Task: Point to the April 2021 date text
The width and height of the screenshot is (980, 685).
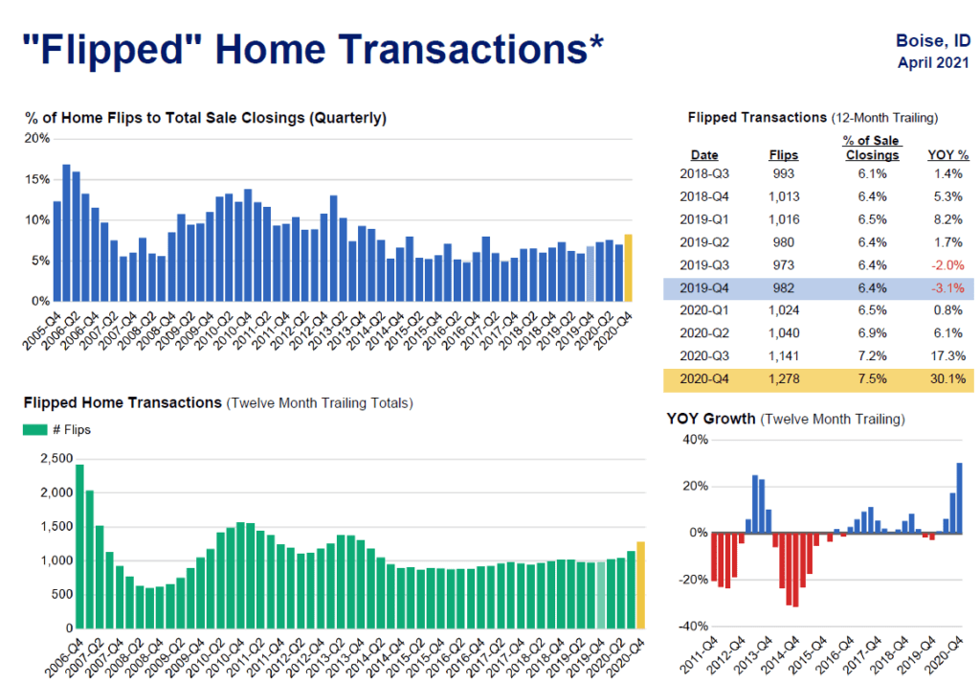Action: (932, 63)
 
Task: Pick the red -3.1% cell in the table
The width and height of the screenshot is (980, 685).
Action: (947, 287)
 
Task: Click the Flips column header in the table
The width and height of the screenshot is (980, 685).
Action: (783, 154)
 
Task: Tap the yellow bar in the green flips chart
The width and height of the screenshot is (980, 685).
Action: (640, 584)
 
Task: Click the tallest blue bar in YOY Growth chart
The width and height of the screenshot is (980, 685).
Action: (959, 498)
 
